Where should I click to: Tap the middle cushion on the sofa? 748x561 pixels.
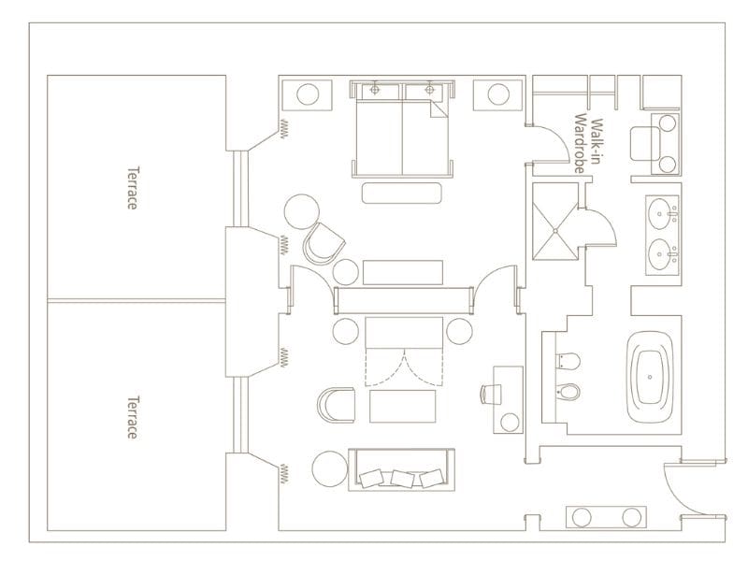click(x=402, y=479)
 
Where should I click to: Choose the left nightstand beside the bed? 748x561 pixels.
click(x=310, y=94)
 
